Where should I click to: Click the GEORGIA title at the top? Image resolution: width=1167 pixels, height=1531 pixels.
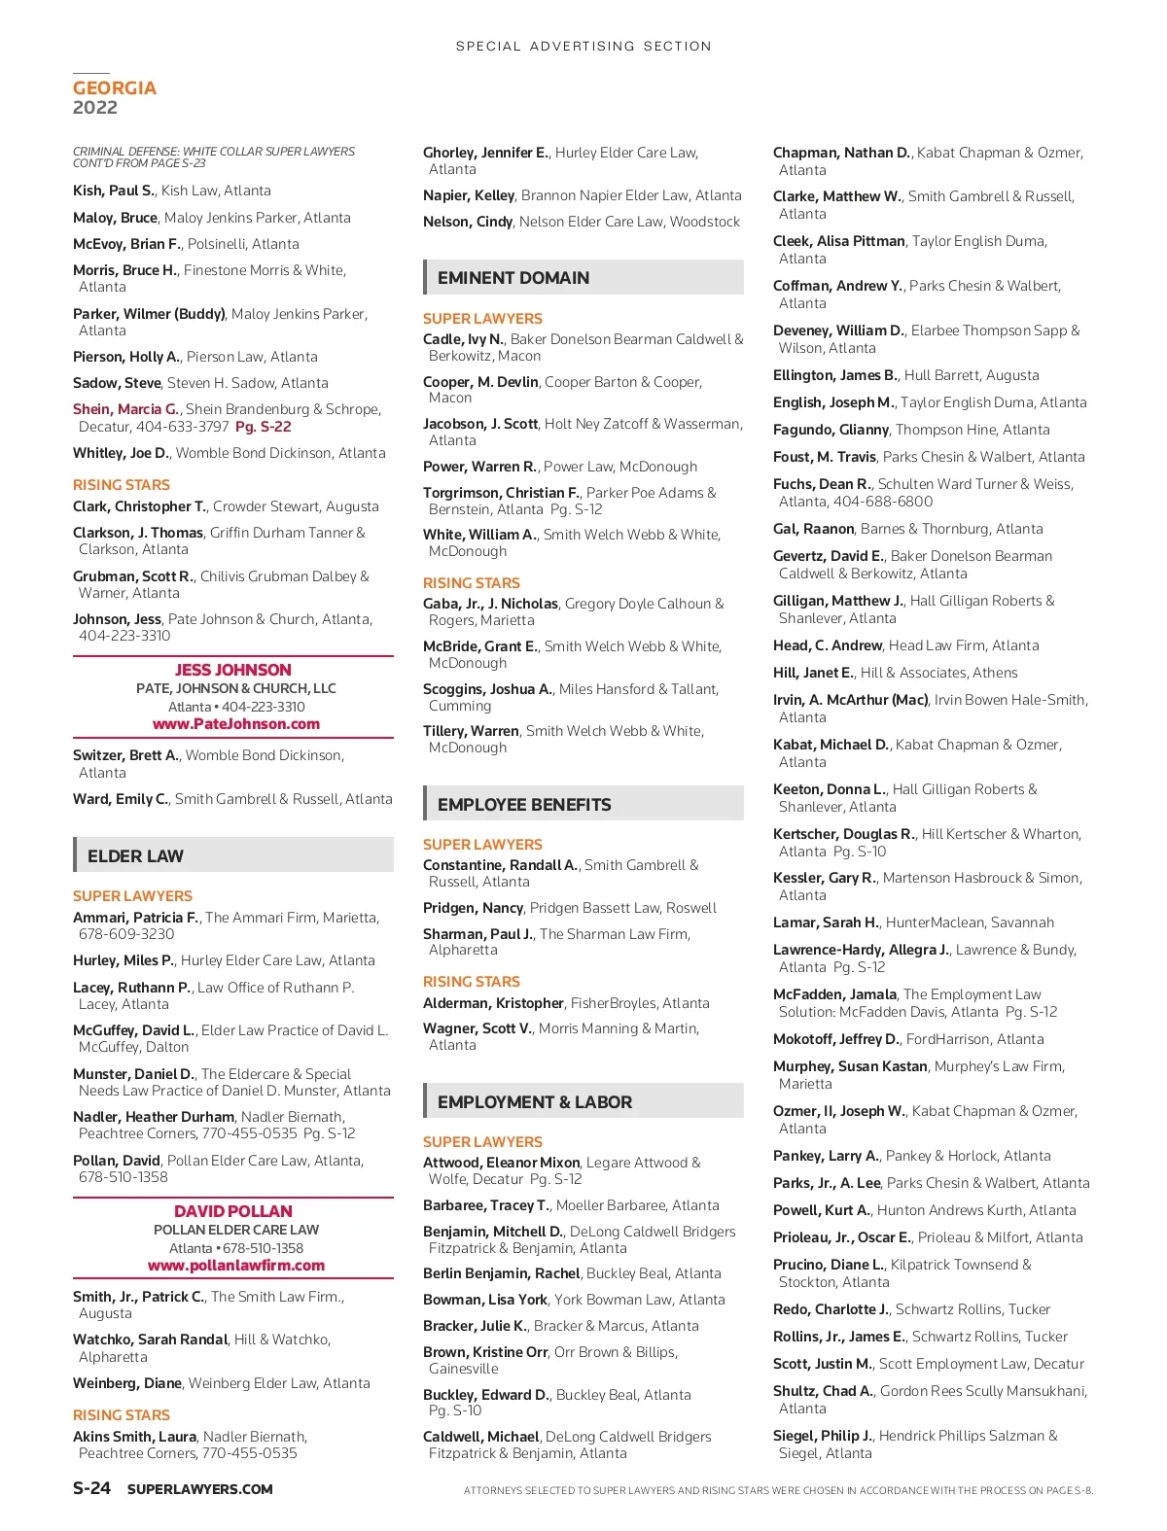pos(115,88)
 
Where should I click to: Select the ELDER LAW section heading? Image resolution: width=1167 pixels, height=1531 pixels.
pos(135,856)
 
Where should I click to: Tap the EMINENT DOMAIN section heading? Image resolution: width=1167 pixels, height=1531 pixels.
pos(513,278)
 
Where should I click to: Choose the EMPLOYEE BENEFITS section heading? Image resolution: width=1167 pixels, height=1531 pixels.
pos(524,805)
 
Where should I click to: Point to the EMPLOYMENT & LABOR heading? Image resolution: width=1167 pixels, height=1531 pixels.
pos(535,1102)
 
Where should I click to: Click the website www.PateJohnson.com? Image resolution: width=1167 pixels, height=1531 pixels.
pos(236,724)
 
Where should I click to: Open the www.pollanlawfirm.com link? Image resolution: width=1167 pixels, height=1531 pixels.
pos(236,1266)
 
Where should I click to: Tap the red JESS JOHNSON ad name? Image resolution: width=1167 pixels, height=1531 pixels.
pos(233,670)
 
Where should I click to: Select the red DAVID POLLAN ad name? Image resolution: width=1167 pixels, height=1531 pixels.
pos(233,1211)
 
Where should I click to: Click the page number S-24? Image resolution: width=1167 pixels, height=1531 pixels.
pos(92,1488)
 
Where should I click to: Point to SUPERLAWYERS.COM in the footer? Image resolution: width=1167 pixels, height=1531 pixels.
pos(200,1489)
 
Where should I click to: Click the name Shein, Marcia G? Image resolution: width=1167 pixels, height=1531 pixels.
pos(125,409)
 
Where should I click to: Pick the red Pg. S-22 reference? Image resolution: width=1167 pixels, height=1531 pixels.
pos(264,427)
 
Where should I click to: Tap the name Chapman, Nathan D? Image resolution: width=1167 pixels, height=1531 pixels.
pos(841,153)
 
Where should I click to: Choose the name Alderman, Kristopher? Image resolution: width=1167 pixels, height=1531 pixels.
pos(493,1003)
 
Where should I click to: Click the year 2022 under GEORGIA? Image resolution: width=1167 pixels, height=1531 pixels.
pos(95,108)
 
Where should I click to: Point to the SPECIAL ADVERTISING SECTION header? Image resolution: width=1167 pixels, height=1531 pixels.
pos(583,46)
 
